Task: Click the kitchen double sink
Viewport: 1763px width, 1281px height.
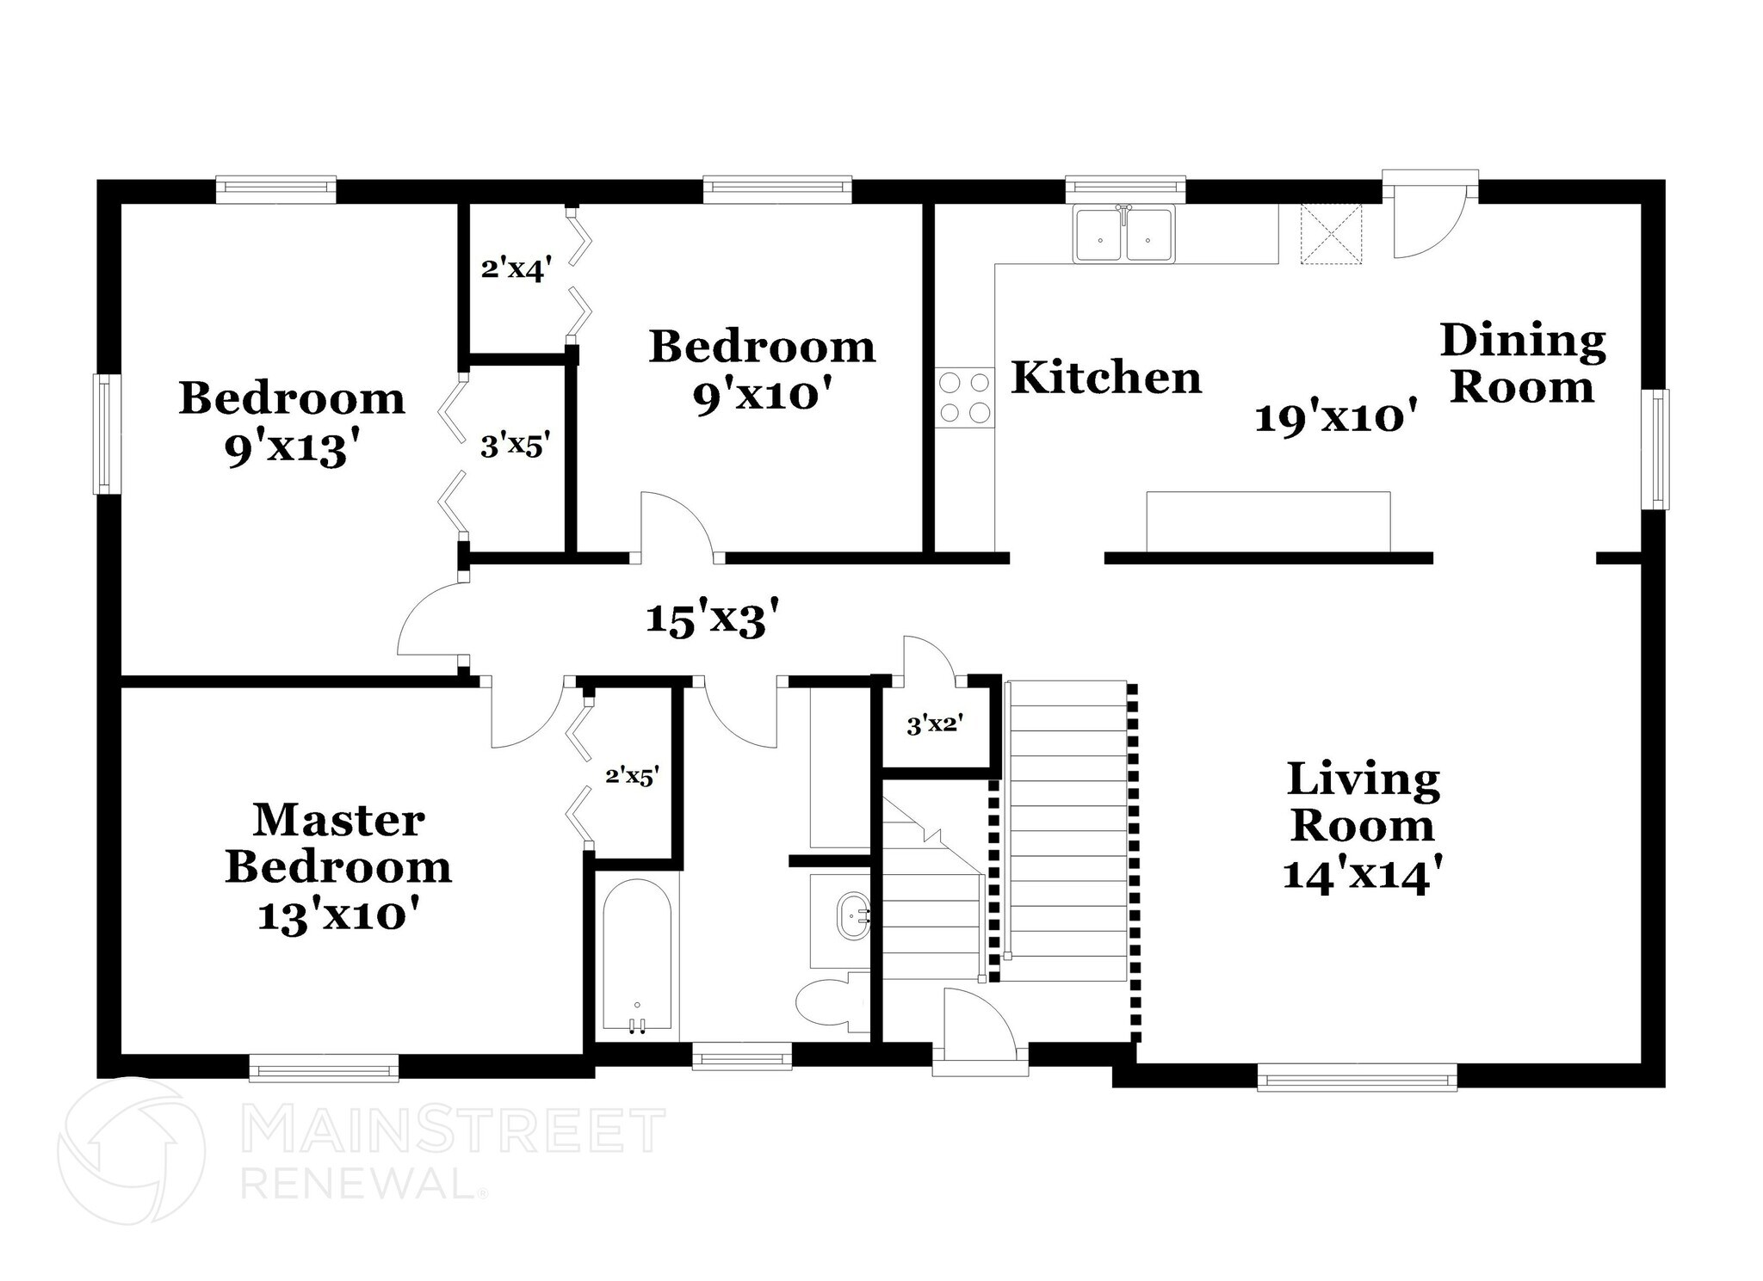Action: pos(1123,232)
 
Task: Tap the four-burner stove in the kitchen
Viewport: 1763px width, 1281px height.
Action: pos(964,397)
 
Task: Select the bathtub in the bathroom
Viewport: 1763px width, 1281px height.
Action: pos(637,955)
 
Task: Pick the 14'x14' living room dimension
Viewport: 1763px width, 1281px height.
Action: pos(1363,876)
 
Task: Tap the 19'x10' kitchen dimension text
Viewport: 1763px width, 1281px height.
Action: pos(1337,419)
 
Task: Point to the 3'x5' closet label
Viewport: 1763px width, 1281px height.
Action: pos(515,446)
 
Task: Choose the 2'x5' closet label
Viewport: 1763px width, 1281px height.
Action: pos(633,776)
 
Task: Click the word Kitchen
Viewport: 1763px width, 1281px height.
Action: pos(1106,378)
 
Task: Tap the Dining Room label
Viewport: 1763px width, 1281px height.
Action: pos(1523,363)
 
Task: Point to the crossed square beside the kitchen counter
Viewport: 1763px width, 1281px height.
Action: pos(1331,234)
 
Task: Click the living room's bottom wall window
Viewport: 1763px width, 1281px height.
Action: pos(1357,1076)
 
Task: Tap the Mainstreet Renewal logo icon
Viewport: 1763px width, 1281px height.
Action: pos(131,1150)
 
